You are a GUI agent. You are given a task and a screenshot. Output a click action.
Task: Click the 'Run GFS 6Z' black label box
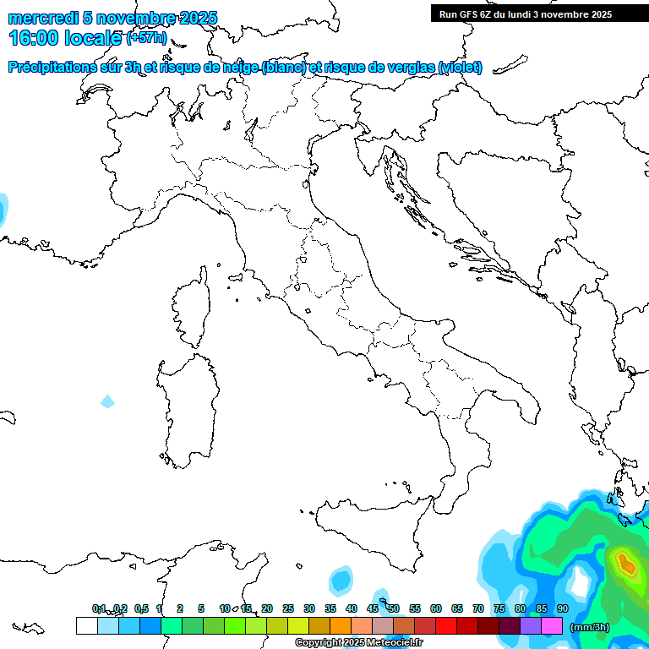[525, 14]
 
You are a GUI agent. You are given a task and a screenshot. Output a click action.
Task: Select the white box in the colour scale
[86, 626]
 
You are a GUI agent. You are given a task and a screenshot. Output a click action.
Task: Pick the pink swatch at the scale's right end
[552, 626]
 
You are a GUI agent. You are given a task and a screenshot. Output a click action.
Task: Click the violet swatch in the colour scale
[531, 626]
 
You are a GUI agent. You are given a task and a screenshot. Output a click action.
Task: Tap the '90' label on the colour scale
[562, 608]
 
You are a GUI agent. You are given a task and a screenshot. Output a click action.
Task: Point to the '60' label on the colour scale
[436, 608]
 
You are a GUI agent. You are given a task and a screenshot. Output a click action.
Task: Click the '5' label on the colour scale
[201, 608]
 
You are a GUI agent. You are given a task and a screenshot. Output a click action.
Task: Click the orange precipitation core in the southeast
[625, 562]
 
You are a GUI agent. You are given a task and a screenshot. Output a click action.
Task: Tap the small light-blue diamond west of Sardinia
[107, 401]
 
